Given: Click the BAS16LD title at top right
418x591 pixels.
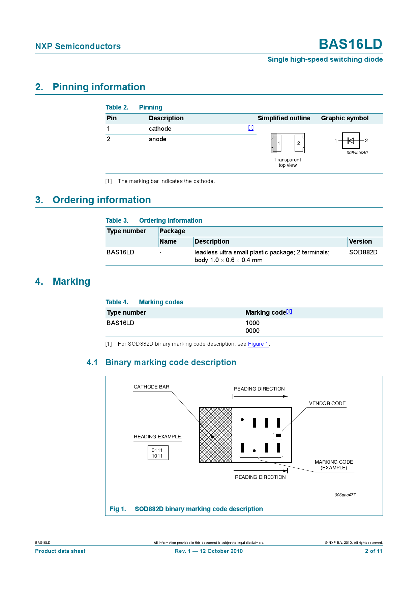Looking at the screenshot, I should [x=350, y=44].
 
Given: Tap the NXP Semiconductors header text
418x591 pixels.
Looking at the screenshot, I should [x=78, y=46].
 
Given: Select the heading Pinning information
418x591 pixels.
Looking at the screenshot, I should [x=99, y=87].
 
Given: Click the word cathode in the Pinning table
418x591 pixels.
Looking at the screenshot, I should [x=160, y=129].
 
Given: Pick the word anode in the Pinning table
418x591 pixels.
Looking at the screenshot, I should [x=157, y=139].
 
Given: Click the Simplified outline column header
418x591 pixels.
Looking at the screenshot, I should [x=284, y=118].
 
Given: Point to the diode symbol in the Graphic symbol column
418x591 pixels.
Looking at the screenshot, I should [x=351, y=141].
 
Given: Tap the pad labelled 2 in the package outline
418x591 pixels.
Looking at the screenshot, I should [x=299, y=143].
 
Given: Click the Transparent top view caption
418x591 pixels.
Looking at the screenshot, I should [x=288, y=162].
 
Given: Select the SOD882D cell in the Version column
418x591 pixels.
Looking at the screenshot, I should [x=363, y=252].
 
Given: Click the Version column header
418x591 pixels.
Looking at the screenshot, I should [x=360, y=242].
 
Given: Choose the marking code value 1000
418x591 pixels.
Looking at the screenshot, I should [x=252, y=323].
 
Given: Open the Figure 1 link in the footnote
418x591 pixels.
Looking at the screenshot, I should [x=258, y=344].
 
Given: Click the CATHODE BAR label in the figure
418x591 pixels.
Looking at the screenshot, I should [x=151, y=387].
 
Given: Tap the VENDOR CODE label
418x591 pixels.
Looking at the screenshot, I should [x=327, y=403].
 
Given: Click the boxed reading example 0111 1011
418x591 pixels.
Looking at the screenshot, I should [x=158, y=453].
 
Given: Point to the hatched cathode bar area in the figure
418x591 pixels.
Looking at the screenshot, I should [x=215, y=435].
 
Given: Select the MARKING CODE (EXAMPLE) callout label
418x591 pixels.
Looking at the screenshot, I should [x=334, y=465].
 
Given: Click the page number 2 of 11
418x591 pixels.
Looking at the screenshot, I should [x=374, y=551].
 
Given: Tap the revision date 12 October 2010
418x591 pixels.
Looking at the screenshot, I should [x=221, y=551].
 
